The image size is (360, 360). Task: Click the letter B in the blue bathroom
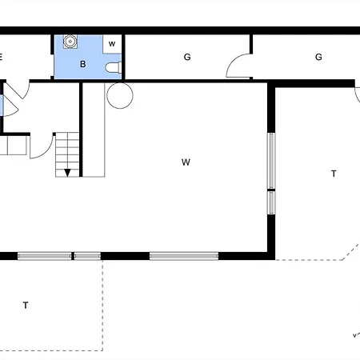click(x=83, y=64)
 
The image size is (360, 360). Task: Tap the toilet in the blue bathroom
click(x=114, y=67)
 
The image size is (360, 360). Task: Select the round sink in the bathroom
click(x=70, y=42)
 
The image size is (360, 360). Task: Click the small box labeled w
click(x=112, y=44)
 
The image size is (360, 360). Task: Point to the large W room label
click(x=186, y=162)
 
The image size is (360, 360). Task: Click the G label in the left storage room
click(x=187, y=57)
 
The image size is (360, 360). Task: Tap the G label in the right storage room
click(x=318, y=57)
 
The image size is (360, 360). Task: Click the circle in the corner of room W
click(x=120, y=95)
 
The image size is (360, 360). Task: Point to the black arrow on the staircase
click(x=67, y=173)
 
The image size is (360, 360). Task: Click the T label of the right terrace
click(x=334, y=174)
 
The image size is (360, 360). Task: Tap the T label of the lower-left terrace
click(x=26, y=305)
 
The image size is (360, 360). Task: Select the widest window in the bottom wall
click(x=184, y=256)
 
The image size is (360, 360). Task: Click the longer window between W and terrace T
click(x=271, y=161)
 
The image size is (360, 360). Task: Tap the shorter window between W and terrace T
click(x=271, y=202)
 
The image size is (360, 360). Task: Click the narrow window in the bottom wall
click(x=87, y=256)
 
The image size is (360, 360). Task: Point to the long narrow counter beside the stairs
click(x=94, y=130)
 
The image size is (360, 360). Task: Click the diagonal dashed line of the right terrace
click(x=351, y=252)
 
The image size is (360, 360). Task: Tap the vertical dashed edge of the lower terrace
click(x=102, y=306)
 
